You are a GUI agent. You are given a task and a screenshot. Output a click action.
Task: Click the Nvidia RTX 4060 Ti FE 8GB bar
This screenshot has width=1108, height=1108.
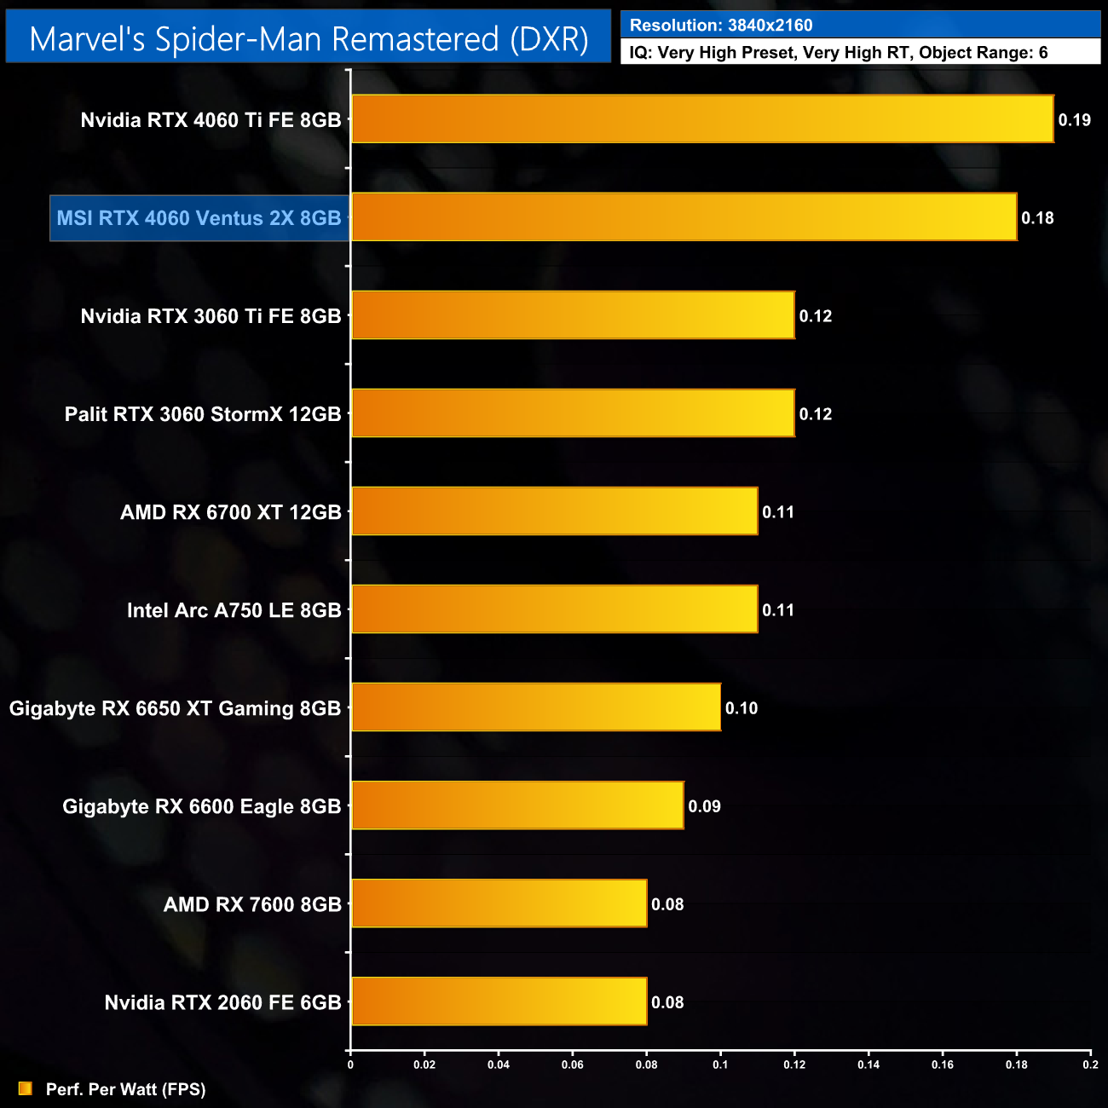[702, 119]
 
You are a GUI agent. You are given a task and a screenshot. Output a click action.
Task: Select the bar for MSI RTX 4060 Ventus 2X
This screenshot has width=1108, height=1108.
[684, 217]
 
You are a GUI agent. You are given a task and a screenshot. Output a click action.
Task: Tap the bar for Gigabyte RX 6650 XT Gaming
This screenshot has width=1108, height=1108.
[536, 707]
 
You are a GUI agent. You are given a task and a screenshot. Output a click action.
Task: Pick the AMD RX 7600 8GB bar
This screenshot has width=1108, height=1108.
[499, 903]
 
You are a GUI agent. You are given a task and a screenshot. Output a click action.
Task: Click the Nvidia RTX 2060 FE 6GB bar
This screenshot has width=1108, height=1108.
[499, 1001]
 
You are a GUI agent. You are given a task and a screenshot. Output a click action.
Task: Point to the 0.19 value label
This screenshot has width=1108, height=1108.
[1074, 120]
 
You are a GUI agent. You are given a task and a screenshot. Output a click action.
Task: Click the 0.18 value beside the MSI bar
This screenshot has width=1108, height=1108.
[1037, 218]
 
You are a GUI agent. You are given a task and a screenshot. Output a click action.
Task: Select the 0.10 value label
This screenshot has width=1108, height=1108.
[741, 708]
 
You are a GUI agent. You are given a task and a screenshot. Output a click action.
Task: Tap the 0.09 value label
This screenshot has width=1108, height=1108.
[704, 806]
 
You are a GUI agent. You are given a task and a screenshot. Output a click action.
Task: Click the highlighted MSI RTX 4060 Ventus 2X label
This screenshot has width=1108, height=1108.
[199, 218]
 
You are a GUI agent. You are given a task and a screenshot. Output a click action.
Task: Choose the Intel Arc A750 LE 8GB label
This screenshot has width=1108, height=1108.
[234, 610]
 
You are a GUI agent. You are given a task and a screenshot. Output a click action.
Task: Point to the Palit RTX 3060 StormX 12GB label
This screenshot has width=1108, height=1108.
[203, 414]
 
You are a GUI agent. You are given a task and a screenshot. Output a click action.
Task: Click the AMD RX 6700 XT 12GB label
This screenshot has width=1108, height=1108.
[230, 512]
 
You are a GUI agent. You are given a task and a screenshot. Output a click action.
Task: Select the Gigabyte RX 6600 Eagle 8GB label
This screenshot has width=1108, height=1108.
[201, 806]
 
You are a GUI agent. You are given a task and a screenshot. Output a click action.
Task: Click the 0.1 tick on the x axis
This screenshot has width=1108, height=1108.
[720, 1065]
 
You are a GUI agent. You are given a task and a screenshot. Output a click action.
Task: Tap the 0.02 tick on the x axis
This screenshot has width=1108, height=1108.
[424, 1065]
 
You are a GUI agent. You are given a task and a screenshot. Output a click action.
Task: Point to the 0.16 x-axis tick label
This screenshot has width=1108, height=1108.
[943, 1065]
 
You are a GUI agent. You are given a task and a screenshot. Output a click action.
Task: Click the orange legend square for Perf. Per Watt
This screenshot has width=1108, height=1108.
[25, 1088]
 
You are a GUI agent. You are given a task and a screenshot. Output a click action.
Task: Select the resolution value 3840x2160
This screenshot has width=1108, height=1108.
[770, 26]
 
